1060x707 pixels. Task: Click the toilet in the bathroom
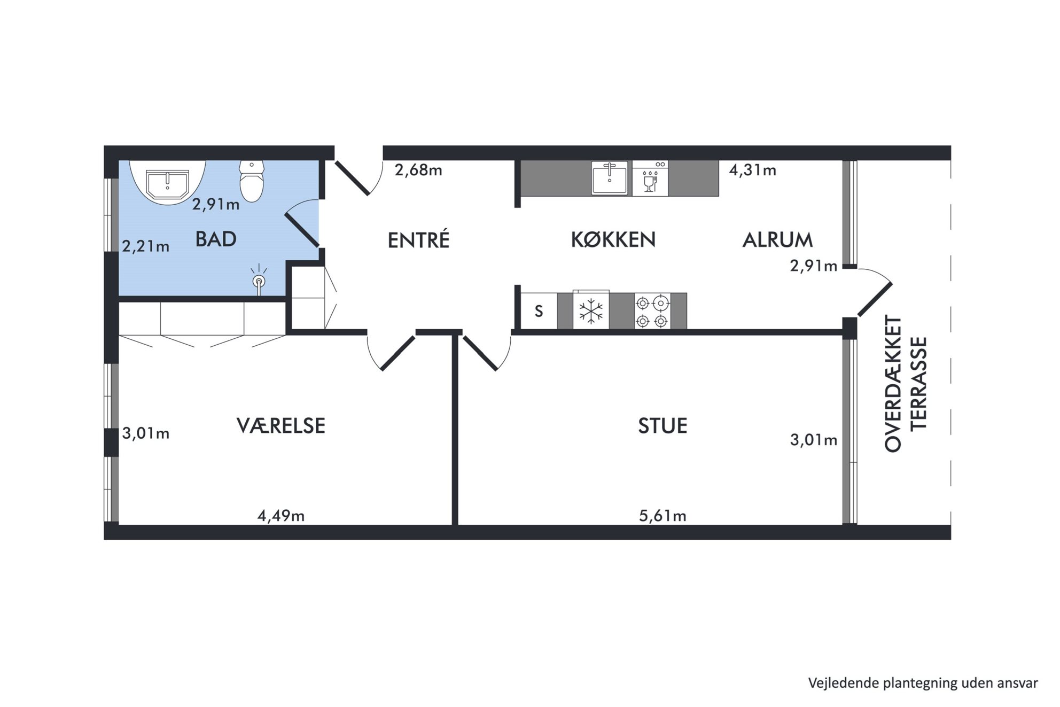coord(252,181)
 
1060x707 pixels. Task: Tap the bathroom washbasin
coord(167,182)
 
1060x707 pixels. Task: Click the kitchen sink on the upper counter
coord(610,178)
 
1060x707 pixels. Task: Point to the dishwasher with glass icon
coord(650,178)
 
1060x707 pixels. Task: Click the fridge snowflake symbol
coord(591,311)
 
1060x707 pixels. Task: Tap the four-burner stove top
coord(652,311)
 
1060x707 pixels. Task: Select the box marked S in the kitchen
coord(539,311)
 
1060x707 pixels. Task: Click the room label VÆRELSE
coord(281,426)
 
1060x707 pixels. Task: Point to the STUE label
coord(662,426)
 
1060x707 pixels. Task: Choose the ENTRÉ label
coord(419,239)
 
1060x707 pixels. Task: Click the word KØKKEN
coord(613,240)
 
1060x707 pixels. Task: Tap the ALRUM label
coord(778,240)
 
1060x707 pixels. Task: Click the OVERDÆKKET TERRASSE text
coord(906,384)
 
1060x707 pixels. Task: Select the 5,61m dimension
coord(662,516)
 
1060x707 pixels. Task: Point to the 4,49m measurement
coord(281,516)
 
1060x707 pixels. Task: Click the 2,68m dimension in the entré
coord(418,170)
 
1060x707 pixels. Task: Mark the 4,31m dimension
coord(753,170)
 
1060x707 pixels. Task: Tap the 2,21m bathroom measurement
coord(146,246)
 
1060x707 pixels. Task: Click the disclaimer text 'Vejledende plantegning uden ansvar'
coord(923,683)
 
